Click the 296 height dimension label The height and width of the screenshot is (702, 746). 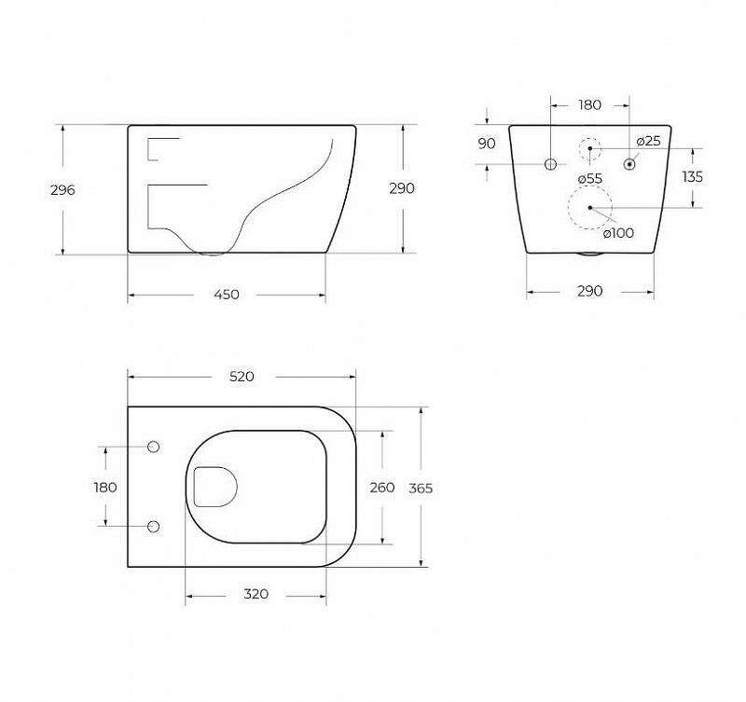(62, 190)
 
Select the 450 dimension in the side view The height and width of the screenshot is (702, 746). (227, 295)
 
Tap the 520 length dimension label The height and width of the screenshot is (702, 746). (242, 377)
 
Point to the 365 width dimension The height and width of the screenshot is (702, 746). (421, 488)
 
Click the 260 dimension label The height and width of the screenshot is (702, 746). (382, 487)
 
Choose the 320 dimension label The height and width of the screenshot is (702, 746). (256, 594)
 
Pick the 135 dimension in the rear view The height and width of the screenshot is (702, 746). (692, 176)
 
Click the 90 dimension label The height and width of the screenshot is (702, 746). (486, 144)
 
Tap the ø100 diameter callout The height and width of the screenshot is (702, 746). (618, 232)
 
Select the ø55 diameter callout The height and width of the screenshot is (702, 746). (590, 179)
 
